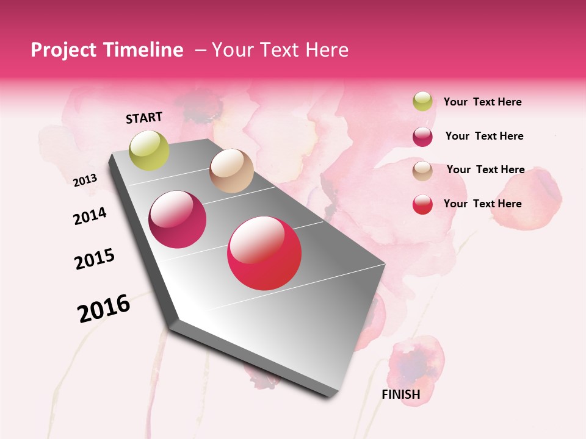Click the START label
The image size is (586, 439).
point(144,118)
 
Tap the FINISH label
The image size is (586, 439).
point(401,394)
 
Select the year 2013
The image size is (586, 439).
point(85,180)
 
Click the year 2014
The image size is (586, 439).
point(90,216)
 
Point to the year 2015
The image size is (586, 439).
point(95,259)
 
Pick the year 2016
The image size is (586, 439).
point(104,308)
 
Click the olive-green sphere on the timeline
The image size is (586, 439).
point(149,150)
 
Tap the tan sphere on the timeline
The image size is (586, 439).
point(231,171)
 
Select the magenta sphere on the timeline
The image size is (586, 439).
point(178,220)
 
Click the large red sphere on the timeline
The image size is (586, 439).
point(264,253)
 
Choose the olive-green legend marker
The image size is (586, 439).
point(422,102)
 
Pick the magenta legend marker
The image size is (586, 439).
point(422,137)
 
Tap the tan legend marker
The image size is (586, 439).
point(422,171)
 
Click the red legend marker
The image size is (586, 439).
point(422,204)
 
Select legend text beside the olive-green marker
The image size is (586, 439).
point(482,102)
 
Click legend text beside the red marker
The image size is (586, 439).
point(482,204)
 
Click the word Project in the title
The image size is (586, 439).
point(63,50)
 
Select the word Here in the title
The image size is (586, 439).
point(327,50)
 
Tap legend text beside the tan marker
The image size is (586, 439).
point(485,170)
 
